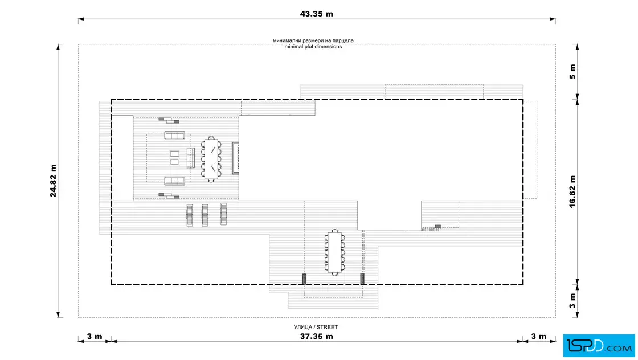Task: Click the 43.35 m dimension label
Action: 317,14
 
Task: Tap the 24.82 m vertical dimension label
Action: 54,181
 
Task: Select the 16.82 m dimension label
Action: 572,192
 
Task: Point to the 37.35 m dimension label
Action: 317,337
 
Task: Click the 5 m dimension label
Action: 572,71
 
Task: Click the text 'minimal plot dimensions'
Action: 313,47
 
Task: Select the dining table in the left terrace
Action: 211,158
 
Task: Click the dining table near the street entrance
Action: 334,252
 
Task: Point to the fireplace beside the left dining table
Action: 235,158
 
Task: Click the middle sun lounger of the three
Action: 205,215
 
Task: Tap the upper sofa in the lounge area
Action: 175,136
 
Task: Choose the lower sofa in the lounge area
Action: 175,181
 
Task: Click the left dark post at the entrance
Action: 304,279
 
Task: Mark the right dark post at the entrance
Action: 362,279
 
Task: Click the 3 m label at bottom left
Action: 95,337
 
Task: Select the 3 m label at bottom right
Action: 539,337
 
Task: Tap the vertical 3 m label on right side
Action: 572,301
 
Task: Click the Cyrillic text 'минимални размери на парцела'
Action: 313,41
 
